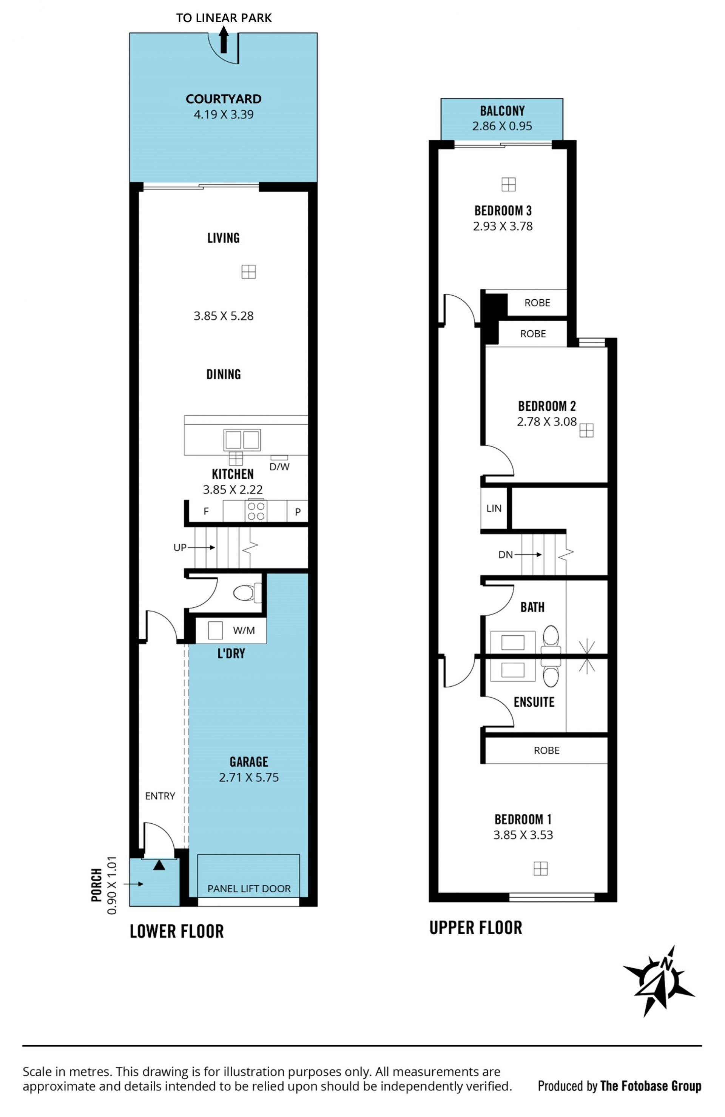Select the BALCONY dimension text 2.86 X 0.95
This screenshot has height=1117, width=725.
tap(502, 126)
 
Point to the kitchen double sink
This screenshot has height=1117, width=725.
tap(242, 440)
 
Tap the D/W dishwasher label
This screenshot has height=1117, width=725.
tap(279, 467)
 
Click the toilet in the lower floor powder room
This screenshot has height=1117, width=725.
tap(247, 593)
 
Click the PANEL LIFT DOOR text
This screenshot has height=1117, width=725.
tap(249, 889)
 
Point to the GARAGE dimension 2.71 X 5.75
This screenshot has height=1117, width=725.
tap(249, 778)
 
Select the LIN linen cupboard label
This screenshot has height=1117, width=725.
tap(494, 508)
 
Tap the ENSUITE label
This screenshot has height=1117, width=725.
tap(534, 702)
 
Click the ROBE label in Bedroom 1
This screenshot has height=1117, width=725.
tap(546, 750)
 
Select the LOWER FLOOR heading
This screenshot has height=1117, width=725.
tap(177, 931)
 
